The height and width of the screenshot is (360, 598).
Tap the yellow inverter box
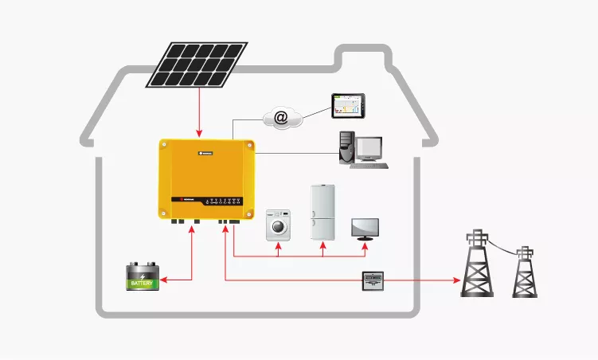[x=206, y=177]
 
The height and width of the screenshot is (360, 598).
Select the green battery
[x=144, y=277]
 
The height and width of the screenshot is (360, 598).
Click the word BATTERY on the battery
[x=144, y=283]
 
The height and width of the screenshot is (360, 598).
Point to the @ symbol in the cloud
[x=281, y=119]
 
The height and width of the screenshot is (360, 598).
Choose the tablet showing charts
[x=348, y=105]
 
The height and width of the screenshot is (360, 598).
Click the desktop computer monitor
[x=369, y=148]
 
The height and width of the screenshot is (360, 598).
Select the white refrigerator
[x=322, y=212]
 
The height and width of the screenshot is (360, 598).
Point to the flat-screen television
[x=365, y=227]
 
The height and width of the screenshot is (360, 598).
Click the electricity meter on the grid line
[x=373, y=281]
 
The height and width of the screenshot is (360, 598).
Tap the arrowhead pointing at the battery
[x=166, y=280]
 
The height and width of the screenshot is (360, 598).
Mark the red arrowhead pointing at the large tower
[x=456, y=280]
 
